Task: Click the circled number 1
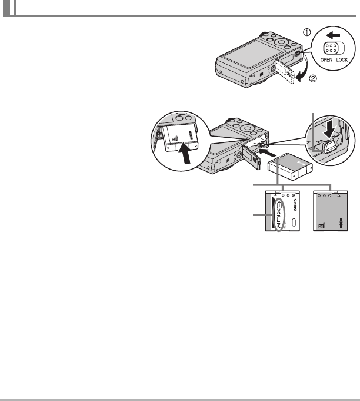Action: click(306, 34)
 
